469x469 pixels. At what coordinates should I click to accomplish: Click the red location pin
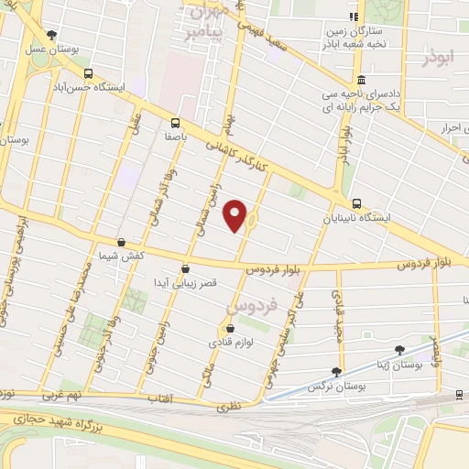[x=236, y=214]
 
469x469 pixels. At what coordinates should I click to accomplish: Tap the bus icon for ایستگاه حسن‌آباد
[x=88, y=74]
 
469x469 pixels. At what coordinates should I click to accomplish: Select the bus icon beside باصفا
[x=175, y=122]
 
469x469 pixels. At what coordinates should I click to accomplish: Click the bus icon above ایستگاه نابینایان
[x=356, y=204]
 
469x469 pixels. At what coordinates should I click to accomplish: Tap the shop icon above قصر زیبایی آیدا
[x=186, y=269]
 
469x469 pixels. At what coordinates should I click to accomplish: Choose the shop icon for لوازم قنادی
[x=229, y=328]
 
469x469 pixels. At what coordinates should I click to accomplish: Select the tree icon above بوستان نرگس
[x=336, y=372]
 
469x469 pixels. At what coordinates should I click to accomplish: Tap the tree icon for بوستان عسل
[x=51, y=34]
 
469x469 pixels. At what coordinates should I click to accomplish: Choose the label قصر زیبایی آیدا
[x=186, y=285]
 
